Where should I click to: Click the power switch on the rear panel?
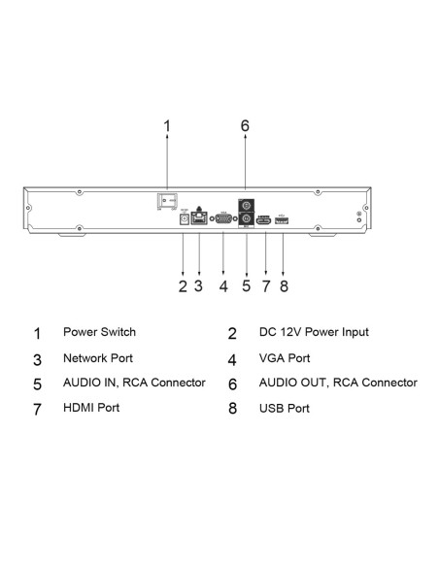click(167, 200)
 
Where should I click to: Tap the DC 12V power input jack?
click(185, 219)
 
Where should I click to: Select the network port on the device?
click(199, 218)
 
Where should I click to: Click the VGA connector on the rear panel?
click(223, 218)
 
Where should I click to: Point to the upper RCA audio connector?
click(246, 206)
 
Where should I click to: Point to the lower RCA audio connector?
click(246, 219)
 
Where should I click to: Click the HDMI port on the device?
click(264, 220)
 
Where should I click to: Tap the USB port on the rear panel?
click(282, 220)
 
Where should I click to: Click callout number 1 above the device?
click(167, 126)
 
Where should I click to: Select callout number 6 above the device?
click(245, 126)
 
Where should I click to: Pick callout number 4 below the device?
click(223, 286)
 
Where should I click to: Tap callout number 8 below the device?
click(284, 286)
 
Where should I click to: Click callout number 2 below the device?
click(183, 286)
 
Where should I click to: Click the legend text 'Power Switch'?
click(99, 332)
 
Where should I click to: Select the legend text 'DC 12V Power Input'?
click(314, 332)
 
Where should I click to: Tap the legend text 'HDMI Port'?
click(91, 408)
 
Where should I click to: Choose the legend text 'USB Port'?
click(285, 408)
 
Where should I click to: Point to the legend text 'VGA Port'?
click(285, 358)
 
